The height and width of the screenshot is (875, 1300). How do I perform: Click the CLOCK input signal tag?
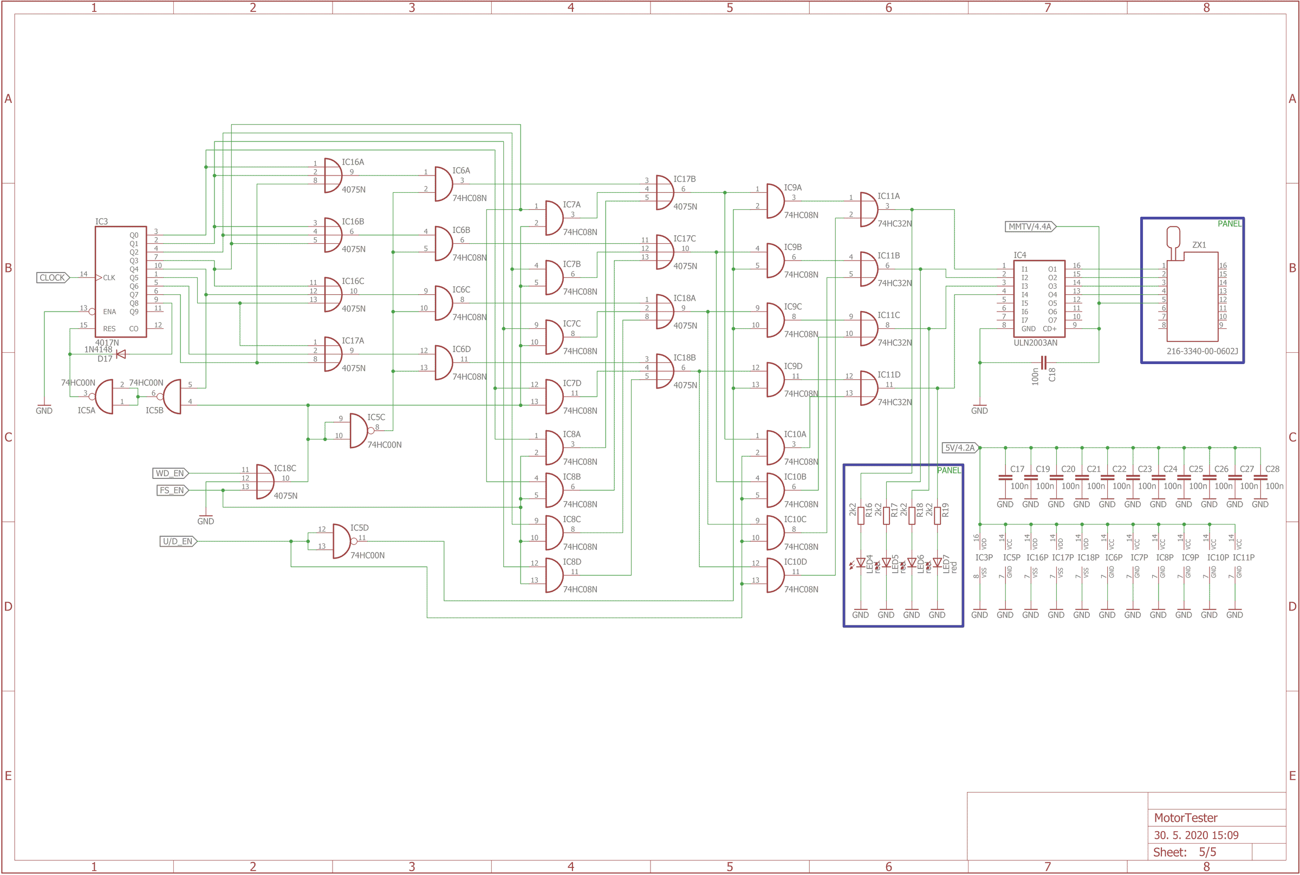(53, 278)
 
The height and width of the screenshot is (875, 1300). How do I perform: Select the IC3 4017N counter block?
(120, 282)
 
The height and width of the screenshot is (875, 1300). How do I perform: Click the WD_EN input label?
(170, 473)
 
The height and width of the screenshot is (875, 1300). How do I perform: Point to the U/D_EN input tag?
(178, 541)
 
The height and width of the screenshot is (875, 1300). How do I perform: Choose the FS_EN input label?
(172, 490)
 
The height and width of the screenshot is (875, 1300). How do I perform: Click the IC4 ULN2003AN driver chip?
(1039, 299)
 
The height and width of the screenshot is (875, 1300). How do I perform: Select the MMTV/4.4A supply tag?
(1030, 226)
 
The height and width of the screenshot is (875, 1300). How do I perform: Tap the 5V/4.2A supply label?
(960, 448)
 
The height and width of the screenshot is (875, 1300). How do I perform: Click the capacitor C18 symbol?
(1043, 362)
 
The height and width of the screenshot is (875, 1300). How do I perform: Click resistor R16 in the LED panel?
(861, 515)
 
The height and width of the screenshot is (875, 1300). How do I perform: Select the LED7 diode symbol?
(937, 562)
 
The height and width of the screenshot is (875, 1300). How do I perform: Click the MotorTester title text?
(1185, 818)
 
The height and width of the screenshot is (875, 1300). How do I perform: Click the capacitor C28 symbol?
(1260, 478)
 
